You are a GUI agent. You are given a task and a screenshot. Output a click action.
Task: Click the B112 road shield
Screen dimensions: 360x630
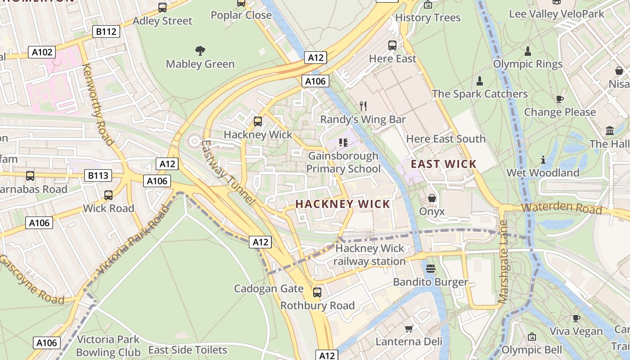106,31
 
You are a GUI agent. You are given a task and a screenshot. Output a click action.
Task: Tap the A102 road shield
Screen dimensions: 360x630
42,52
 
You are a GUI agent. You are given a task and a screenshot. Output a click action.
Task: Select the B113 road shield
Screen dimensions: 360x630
98,175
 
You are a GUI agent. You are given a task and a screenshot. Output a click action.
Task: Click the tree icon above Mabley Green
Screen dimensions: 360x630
200,51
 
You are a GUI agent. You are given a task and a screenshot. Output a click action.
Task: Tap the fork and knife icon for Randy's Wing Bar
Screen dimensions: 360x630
363,106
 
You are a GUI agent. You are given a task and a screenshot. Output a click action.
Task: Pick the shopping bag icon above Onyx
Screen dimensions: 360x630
432,198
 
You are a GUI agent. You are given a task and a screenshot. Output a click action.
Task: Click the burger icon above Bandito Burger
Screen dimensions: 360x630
431,269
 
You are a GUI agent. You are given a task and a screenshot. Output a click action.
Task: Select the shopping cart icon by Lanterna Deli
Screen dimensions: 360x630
409,328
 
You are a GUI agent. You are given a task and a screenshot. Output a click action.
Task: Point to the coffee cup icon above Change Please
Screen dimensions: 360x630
560,99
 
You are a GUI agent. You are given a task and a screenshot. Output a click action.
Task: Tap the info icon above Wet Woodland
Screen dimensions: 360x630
543,160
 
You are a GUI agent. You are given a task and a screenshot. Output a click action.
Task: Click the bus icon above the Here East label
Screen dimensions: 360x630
392,45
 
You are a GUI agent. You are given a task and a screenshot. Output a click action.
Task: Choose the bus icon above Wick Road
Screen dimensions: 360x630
108,195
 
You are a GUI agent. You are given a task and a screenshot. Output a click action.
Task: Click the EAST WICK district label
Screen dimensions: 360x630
443,164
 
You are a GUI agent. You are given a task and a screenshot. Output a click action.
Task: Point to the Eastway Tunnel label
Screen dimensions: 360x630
228,172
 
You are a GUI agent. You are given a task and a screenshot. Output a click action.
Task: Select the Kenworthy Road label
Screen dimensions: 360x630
98,104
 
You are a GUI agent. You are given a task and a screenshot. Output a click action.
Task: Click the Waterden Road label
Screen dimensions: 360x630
562,208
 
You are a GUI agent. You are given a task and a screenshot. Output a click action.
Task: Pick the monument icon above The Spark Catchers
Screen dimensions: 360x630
480,81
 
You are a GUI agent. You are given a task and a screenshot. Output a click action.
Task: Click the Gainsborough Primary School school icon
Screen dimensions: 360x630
343,143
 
